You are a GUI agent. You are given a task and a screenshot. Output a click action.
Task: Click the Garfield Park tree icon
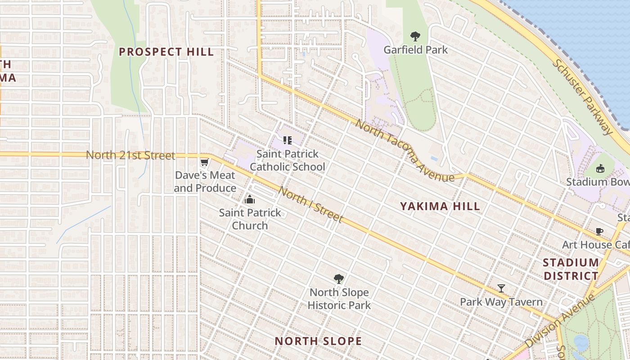click(x=415, y=36)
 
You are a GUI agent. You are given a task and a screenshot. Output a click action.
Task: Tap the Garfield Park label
click(x=415, y=49)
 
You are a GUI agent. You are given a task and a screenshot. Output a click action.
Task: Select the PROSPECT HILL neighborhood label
click(x=166, y=52)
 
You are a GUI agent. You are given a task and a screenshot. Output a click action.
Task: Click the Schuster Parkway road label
click(x=582, y=97)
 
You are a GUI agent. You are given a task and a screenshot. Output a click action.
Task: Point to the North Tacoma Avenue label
click(x=405, y=151)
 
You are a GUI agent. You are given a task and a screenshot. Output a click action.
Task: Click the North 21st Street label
click(x=130, y=155)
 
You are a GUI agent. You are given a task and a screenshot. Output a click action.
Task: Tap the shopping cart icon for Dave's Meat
click(x=205, y=162)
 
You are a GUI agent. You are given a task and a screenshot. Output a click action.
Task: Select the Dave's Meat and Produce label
click(x=205, y=182)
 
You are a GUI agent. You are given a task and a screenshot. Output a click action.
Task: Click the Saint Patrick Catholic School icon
click(x=288, y=140)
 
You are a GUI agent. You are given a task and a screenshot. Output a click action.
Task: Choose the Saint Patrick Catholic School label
click(x=288, y=160)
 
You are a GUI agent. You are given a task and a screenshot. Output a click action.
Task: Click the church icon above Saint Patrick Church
click(x=250, y=199)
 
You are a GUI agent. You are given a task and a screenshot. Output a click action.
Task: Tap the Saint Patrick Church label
click(x=250, y=219)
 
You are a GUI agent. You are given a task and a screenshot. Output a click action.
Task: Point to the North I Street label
click(x=310, y=205)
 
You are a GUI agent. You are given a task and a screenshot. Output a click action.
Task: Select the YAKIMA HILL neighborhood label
click(x=440, y=207)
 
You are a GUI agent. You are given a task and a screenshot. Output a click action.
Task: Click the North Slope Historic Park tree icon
click(x=339, y=279)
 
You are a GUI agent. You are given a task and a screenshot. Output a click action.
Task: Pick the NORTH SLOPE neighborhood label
click(x=318, y=341)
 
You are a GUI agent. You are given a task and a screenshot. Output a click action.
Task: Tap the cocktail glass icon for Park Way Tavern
click(x=501, y=288)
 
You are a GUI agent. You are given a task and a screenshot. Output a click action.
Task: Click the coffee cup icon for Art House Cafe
click(x=599, y=232)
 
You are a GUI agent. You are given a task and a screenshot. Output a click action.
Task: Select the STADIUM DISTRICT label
click(x=571, y=269)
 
